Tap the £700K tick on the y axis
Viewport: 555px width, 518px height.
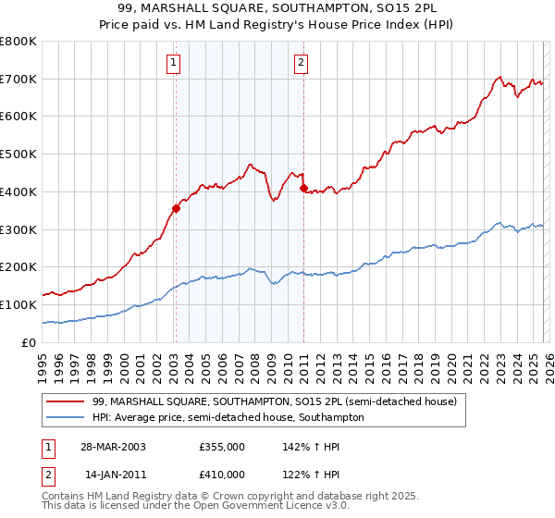pos(18,79)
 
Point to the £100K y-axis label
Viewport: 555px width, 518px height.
pos(18,304)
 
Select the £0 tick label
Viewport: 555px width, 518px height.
pos(30,342)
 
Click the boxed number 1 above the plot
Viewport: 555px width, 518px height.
pos(175,63)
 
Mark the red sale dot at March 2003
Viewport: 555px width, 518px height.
pos(176,208)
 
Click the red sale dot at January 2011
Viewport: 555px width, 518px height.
pos(303,188)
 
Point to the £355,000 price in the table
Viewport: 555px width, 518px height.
pos(222,446)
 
